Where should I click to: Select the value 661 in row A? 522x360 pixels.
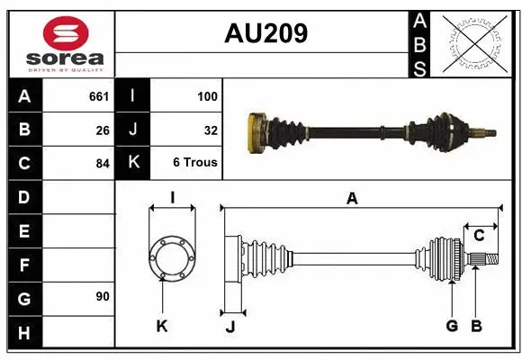click(x=99, y=96)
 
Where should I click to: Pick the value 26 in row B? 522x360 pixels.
click(x=103, y=130)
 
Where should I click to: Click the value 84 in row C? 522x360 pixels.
click(x=103, y=164)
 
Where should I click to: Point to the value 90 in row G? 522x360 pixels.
click(x=103, y=296)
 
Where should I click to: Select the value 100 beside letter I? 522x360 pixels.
click(x=206, y=96)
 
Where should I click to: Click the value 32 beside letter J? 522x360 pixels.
click(x=210, y=130)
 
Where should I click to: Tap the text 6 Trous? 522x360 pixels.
click(x=195, y=163)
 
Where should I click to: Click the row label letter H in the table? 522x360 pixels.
click(x=23, y=334)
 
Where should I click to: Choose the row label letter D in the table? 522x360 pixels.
click(x=23, y=197)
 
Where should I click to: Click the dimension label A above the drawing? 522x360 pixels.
click(x=352, y=199)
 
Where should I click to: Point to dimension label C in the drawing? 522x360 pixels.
click(x=479, y=236)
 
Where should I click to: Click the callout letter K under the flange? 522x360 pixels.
click(x=162, y=326)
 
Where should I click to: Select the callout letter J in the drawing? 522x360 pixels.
click(x=230, y=327)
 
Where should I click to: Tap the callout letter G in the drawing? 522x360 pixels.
click(x=452, y=326)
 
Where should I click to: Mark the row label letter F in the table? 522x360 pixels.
click(x=23, y=266)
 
